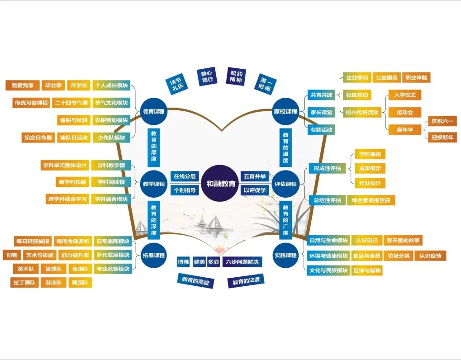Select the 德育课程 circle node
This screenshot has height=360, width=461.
tap(154, 111)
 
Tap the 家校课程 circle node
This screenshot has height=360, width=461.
tap(286, 111)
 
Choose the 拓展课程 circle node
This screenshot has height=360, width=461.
tap(154, 255)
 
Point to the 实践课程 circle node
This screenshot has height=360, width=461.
tap(286, 255)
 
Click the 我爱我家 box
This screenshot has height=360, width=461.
tap(22, 85)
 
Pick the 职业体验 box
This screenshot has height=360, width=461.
tap(416, 77)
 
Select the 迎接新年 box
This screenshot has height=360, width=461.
tap(442, 137)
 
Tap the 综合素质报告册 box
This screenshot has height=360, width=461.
tap(371, 200)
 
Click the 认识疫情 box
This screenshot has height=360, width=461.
tap(430, 256)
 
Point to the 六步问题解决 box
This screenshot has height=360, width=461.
tap(242, 262)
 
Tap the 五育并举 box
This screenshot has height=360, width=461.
tap(255, 176)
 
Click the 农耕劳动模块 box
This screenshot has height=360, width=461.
tap(111, 120)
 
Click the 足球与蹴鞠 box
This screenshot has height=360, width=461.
tap(368, 270)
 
